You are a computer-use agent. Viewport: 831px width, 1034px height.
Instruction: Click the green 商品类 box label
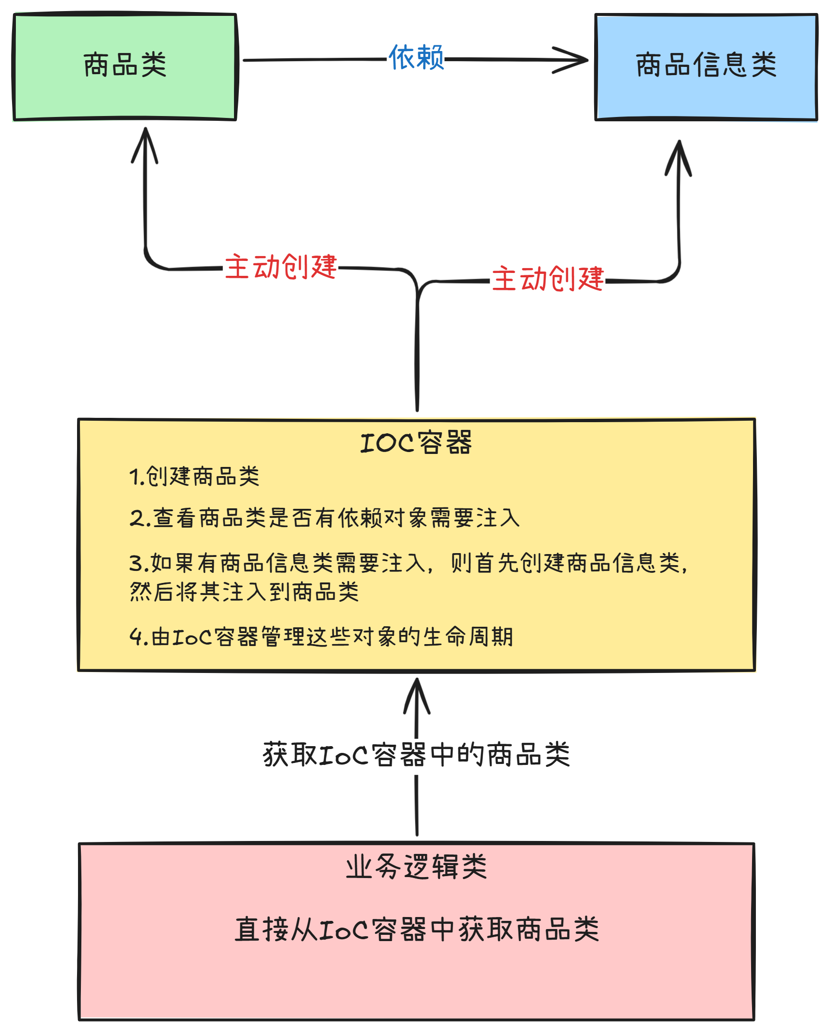[125, 65]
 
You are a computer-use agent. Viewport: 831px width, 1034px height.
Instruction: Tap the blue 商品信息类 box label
[706, 65]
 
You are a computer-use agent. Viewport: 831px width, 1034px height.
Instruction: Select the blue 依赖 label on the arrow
[416, 58]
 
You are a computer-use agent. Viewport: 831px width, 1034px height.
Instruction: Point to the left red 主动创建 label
[281, 267]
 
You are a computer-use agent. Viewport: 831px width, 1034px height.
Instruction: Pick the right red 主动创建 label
[547, 279]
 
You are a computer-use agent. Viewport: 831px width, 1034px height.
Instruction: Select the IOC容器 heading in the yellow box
[416, 443]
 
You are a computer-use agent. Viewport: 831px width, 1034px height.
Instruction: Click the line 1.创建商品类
[195, 477]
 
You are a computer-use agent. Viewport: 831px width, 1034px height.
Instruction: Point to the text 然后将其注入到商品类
[245, 592]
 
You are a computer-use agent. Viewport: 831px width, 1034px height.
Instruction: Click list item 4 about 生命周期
[322, 637]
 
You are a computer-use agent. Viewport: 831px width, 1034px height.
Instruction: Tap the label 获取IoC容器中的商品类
[416, 754]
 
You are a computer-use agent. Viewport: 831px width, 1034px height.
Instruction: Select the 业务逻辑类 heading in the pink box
[416, 867]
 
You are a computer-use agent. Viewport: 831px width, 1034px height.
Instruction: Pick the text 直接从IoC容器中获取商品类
[416, 930]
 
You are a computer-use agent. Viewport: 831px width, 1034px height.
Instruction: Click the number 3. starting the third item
[139, 563]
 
